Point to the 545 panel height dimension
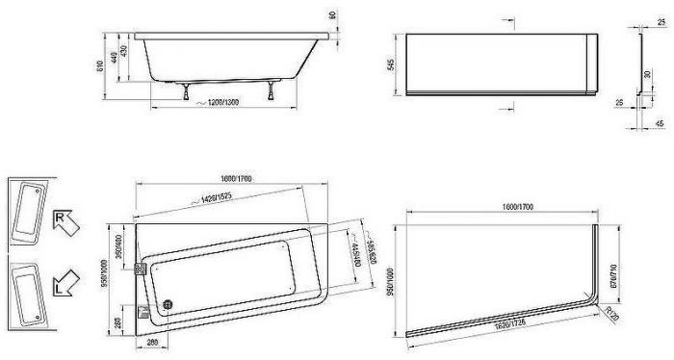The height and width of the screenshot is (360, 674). pos(391,66)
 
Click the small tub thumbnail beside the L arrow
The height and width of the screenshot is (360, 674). pos(27,293)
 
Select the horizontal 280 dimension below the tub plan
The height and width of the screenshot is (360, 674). pos(151,341)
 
